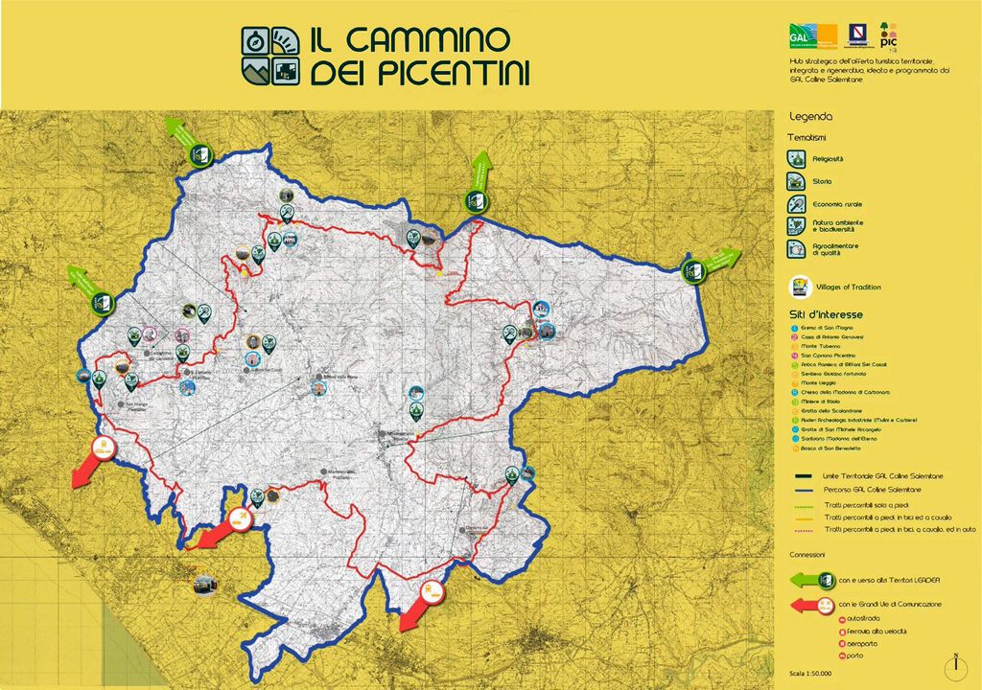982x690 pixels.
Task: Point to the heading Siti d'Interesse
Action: click(826, 314)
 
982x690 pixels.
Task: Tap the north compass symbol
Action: click(955, 663)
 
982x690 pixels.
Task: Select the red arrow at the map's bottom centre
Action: click(420, 603)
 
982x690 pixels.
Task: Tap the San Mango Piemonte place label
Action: click(137, 406)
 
